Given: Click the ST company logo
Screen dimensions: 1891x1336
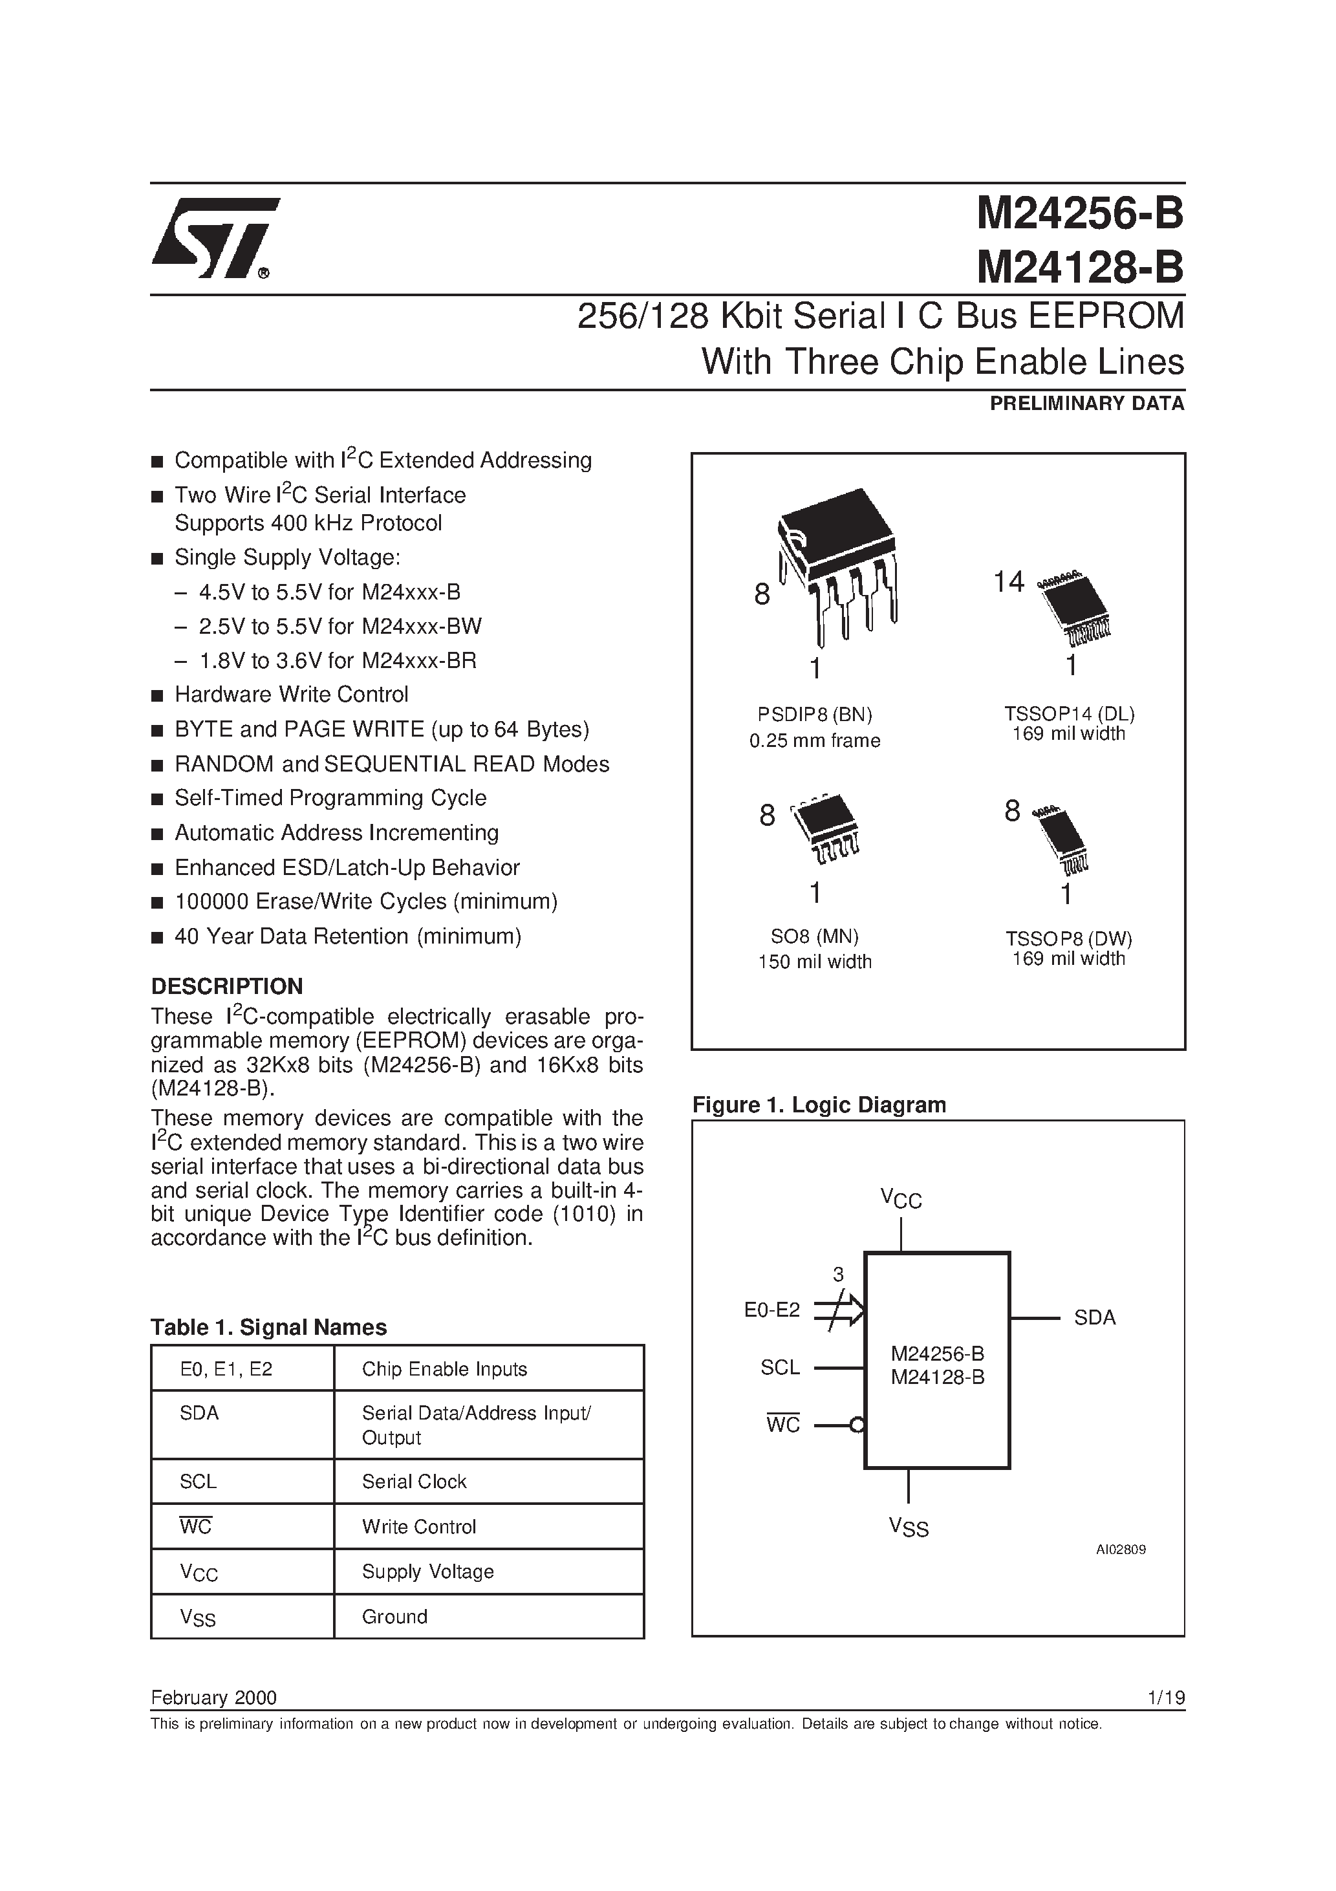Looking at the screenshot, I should (216, 239).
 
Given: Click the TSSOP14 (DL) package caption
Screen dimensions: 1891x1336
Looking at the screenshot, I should (1068, 714).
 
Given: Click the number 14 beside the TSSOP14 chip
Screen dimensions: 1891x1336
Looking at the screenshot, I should (1007, 582).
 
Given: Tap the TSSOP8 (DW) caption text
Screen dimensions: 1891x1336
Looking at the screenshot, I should (1068, 939).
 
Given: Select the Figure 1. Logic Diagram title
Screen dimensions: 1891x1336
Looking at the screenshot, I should (819, 1105).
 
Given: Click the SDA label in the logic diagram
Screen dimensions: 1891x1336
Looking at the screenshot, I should (1094, 1318).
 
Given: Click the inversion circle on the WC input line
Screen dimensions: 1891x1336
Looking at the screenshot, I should (857, 1425).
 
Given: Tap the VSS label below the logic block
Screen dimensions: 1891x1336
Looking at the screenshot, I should (909, 1528).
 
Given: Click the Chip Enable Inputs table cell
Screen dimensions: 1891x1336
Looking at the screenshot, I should (444, 1369).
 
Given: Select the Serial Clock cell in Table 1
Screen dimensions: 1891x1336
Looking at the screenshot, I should (415, 1482).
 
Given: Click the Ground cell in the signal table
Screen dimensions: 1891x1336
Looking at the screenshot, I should (394, 1617).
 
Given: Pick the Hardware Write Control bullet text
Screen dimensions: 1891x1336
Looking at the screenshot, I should (291, 695).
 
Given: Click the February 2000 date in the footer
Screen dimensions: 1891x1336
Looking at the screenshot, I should (213, 1698).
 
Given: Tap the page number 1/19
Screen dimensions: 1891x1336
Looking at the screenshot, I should (1165, 1698).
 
